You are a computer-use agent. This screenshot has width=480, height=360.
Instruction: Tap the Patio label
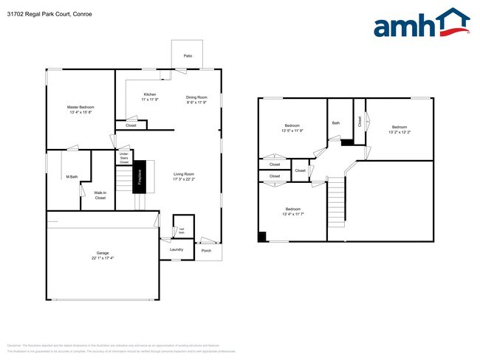click(x=188, y=55)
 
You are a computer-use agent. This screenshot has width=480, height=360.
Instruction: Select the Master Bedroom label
click(x=80, y=107)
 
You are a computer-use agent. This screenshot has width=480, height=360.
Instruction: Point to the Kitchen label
click(x=150, y=94)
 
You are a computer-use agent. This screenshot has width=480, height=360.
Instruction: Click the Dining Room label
click(x=196, y=97)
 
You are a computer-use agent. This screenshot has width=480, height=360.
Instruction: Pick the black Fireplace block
click(x=138, y=177)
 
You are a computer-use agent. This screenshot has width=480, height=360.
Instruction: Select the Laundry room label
click(x=176, y=249)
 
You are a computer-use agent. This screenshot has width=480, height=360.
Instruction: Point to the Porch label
click(x=206, y=251)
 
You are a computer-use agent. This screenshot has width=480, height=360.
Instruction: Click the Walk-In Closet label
click(x=100, y=195)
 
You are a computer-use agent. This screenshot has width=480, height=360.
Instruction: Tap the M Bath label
click(x=72, y=176)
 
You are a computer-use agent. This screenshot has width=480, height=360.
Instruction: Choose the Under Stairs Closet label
click(x=124, y=158)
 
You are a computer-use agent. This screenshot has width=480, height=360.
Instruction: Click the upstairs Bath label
click(x=336, y=123)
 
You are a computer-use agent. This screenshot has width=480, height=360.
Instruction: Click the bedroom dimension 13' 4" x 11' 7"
click(x=292, y=215)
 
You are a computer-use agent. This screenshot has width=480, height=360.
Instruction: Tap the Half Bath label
click(x=181, y=230)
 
